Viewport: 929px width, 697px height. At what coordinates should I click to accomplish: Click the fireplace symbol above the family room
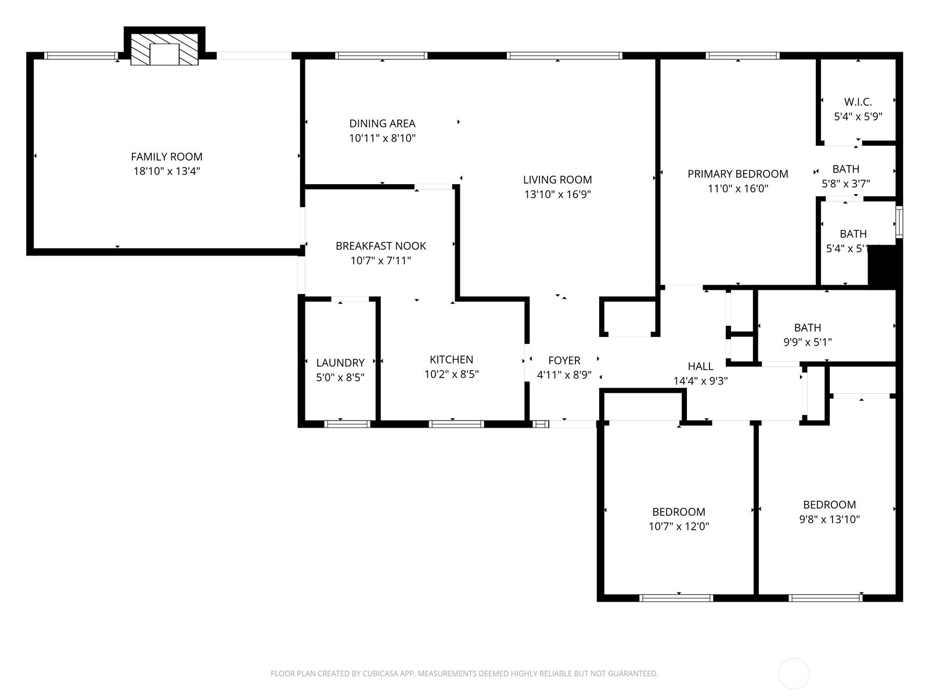(164, 49)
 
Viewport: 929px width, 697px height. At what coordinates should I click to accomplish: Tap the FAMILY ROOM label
(167, 156)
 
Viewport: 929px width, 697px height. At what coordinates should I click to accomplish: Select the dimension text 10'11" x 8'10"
(382, 138)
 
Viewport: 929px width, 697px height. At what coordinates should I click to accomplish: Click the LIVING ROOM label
(557, 179)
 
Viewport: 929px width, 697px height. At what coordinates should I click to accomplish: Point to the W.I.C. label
(858, 102)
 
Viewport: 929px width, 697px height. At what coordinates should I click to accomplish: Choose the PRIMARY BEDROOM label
(737, 174)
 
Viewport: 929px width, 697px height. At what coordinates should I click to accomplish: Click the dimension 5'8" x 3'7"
(845, 184)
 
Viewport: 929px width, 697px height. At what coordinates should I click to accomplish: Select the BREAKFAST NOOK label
(380, 246)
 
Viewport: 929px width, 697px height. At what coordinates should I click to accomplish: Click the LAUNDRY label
(340, 362)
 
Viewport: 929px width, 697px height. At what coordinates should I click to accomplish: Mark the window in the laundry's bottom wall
(347, 424)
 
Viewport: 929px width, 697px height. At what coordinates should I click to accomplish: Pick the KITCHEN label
(451, 360)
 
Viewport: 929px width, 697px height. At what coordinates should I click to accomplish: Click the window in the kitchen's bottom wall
(456, 424)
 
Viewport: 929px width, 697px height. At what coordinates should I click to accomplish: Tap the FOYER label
(564, 361)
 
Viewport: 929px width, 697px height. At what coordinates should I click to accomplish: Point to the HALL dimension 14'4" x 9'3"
(700, 381)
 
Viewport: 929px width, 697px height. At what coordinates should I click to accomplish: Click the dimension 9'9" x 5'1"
(807, 342)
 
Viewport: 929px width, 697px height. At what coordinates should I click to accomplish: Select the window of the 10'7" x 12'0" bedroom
(676, 598)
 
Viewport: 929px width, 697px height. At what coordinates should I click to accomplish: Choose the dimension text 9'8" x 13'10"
(829, 519)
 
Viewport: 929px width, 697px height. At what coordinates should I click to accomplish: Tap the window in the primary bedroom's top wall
(742, 56)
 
